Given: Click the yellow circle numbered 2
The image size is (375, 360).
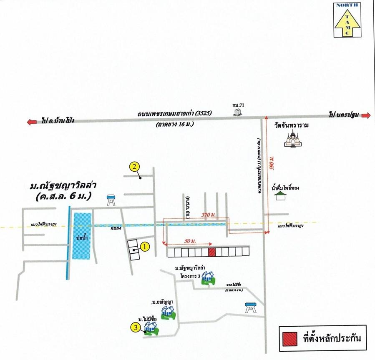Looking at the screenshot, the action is tap(134, 167).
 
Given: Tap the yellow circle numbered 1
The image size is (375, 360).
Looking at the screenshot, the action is tap(144, 247).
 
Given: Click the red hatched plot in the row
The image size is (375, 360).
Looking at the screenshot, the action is tap(212, 252).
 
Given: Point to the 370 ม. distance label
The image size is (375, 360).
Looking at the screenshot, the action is tap(207, 214).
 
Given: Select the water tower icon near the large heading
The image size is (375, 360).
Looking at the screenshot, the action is tap(111, 200).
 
